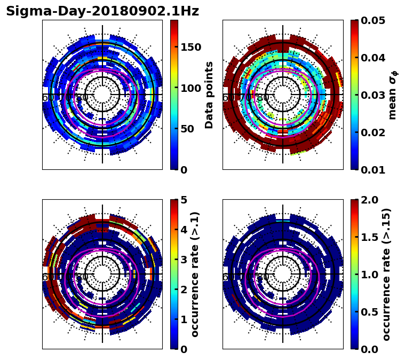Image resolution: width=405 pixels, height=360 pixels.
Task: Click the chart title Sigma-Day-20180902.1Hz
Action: tap(102, 11)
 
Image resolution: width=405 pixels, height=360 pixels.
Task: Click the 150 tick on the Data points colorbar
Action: tap(190, 47)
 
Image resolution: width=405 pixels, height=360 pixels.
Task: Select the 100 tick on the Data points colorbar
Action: tap(190, 88)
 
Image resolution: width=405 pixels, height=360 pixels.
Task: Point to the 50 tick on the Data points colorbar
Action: tap(187, 129)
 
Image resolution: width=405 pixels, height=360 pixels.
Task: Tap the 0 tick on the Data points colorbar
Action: tap(183, 170)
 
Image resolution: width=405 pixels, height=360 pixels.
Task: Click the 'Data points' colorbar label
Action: tap(209, 95)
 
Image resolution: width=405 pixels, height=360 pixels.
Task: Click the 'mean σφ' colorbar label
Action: tap(393, 95)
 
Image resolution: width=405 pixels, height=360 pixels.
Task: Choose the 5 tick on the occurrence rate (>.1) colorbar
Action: tap(183, 200)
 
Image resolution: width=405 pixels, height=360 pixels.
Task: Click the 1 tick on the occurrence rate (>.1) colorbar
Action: tap(183, 319)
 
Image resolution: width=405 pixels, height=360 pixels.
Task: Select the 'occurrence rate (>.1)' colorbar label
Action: tap(195, 275)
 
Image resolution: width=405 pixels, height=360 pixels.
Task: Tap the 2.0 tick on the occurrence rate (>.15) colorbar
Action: tap(367, 200)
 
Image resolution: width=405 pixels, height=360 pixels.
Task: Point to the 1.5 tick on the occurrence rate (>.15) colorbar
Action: tap(367, 237)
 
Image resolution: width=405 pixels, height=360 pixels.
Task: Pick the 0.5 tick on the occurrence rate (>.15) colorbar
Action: tap(367, 312)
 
